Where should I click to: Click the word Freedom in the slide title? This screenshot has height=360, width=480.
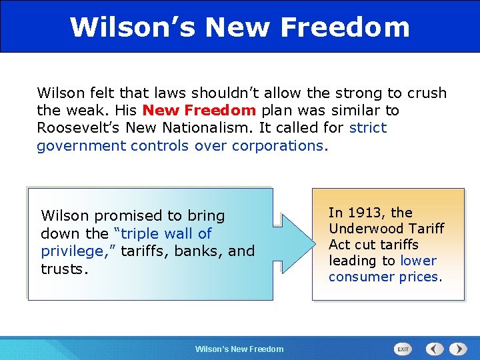pos(345,27)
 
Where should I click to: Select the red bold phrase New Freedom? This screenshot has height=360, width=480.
pos(199,110)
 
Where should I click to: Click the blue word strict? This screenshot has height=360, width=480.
pos(367,127)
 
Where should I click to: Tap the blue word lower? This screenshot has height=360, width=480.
pos(418,261)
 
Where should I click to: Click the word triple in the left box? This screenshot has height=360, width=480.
pos(142,233)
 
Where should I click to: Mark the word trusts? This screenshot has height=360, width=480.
pos(63,269)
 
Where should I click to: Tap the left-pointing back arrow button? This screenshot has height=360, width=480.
pos(435,349)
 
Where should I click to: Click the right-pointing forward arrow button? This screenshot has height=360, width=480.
pos(458,349)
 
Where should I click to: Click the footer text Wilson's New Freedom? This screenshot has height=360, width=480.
pos(239,349)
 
